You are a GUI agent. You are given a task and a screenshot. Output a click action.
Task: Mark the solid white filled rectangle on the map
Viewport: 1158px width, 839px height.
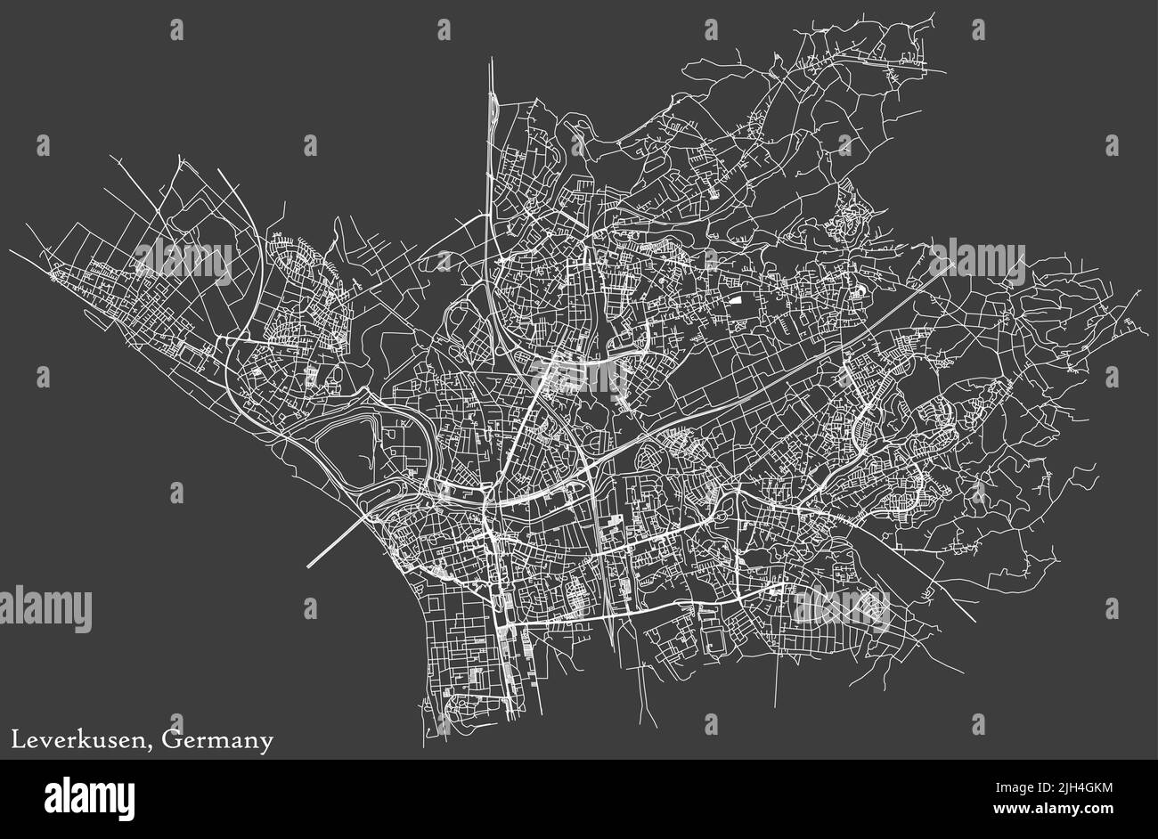737,302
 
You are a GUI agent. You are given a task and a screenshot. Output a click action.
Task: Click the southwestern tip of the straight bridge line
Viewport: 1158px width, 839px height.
309,566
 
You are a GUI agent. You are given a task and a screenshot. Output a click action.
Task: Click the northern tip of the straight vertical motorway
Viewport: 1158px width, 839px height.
491,61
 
